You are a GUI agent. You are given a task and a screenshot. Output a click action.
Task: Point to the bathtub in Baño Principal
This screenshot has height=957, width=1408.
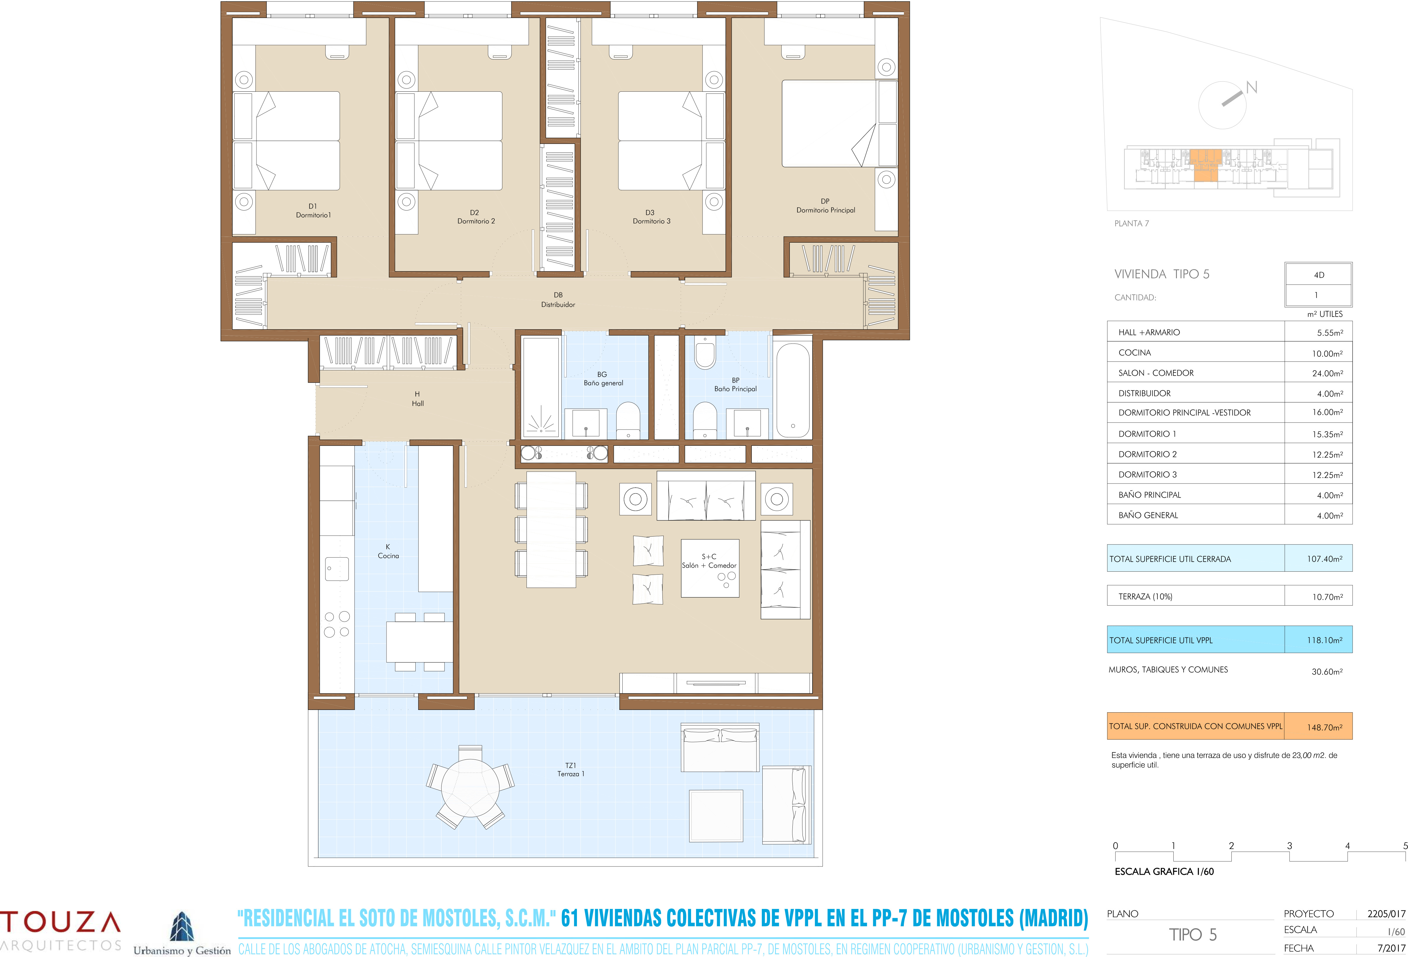click(x=792, y=390)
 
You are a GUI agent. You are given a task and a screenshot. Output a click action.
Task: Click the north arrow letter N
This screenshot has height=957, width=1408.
click(x=1252, y=88)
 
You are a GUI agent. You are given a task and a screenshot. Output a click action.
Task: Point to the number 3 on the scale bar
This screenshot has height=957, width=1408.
click(x=1289, y=846)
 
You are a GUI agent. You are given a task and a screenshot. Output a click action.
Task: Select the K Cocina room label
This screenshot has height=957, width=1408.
click(x=388, y=551)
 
